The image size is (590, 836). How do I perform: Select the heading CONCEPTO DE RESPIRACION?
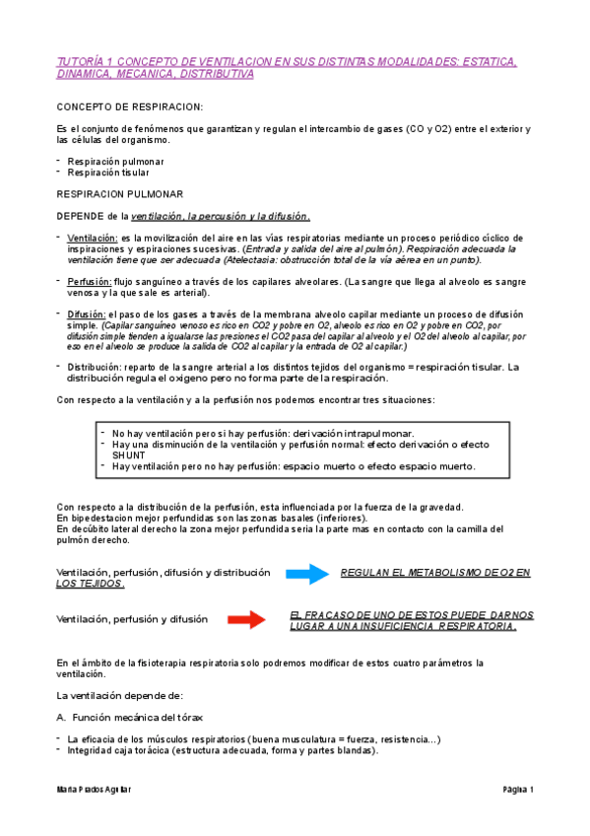click(130, 106)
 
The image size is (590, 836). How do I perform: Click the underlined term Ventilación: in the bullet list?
click(93, 238)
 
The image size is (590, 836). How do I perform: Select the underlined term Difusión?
click(88, 314)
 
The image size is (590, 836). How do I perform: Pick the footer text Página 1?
click(517, 790)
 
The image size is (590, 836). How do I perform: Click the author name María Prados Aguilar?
click(95, 790)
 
